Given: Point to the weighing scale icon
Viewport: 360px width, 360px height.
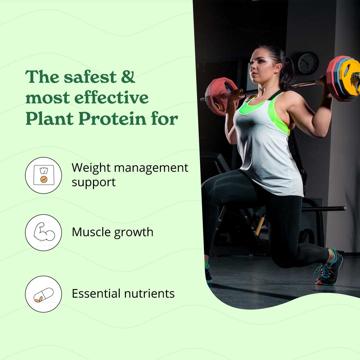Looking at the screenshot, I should (x=43, y=175).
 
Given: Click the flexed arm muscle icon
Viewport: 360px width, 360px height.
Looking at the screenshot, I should (x=43, y=232).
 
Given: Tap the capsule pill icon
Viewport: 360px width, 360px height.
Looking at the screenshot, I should (x=43, y=294).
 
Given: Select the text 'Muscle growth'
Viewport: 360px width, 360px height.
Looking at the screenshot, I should (x=112, y=232).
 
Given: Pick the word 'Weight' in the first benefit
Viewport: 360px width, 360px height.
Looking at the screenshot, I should (x=90, y=168).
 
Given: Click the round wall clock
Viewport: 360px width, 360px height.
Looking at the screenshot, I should (x=308, y=63).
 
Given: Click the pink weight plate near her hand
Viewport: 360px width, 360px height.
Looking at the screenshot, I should (x=218, y=96).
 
